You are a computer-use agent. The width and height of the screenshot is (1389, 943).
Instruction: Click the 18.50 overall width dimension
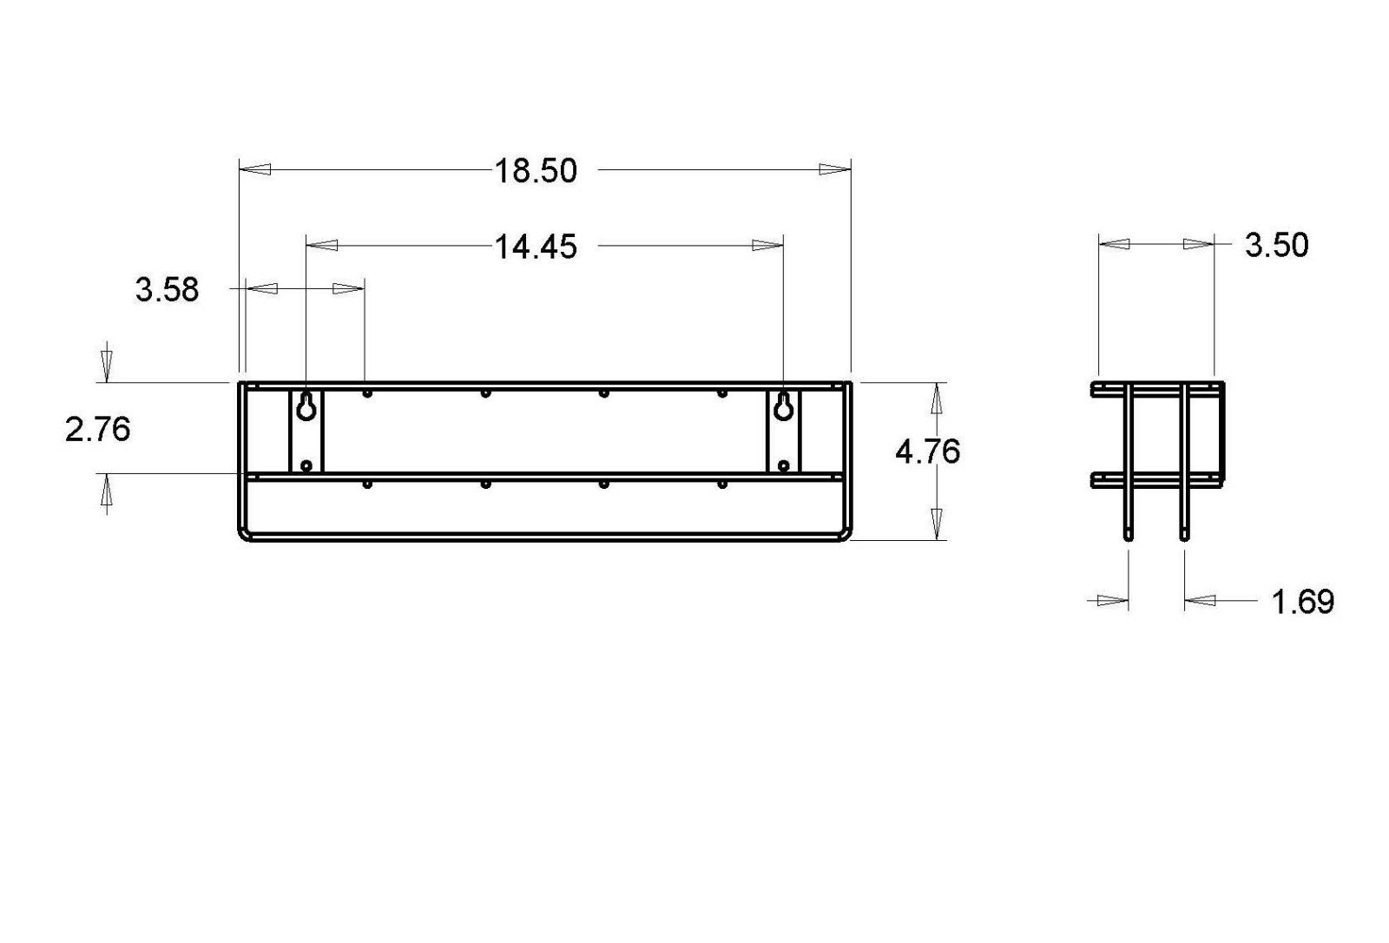[x=536, y=170]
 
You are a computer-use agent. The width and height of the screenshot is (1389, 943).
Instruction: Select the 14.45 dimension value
[x=536, y=247]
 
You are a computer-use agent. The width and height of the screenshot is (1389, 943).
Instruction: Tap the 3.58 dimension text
[x=168, y=290]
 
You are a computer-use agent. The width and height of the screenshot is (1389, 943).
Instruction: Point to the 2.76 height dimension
[x=98, y=429]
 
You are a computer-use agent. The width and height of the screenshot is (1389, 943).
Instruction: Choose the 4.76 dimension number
[x=928, y=452]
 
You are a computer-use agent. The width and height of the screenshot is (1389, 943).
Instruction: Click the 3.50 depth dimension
[x=1277, y=245]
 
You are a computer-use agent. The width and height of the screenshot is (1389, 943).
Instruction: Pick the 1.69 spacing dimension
[x=1303, y=602]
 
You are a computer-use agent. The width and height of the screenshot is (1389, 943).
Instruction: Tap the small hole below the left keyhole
[x=306, y=465]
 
